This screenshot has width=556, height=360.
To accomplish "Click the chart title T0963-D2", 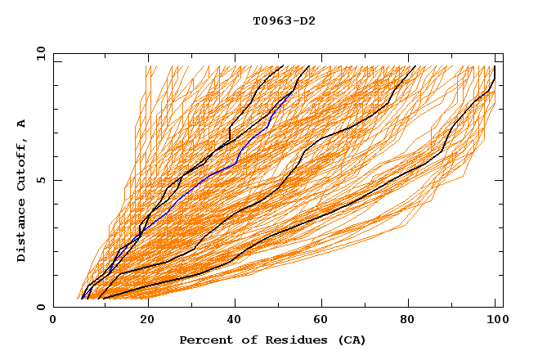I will click(284, 20).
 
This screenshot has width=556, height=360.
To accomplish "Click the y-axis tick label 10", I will click(40, 53).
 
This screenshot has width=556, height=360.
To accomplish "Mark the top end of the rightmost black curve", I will click(495, 66).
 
